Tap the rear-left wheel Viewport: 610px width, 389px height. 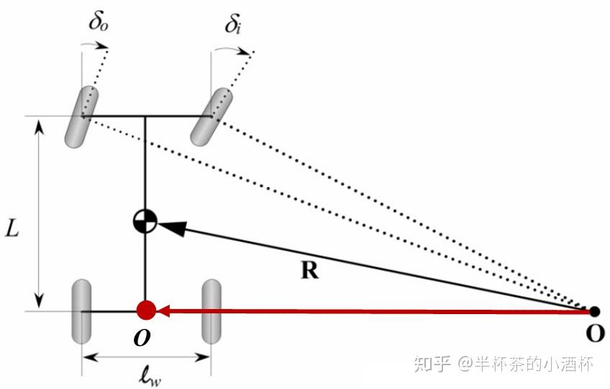coord(81,312)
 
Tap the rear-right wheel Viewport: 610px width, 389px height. coord(211,312)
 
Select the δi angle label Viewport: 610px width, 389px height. coord(232,26)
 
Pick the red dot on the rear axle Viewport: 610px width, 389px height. coord(146,311)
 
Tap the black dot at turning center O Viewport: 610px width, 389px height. coord(594,312)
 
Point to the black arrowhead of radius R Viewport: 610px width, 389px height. coord(170,227)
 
